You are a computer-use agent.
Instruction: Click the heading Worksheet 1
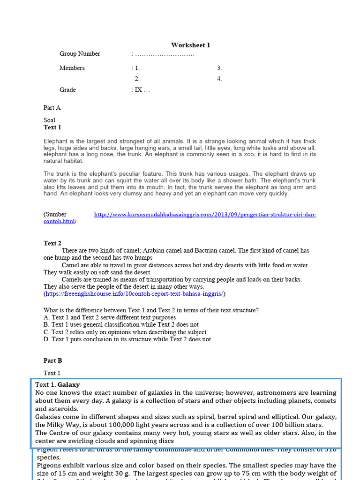tap(190, 45)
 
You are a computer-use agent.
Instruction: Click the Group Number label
tap(80, 54)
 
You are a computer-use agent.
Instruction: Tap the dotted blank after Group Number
tap(164, 54)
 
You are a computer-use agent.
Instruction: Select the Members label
tap(72, 68)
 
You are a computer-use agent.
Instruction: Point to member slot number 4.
tap(219, 79)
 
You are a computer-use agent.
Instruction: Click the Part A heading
tap(52, 108)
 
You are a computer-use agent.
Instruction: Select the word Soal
tap(49, 120)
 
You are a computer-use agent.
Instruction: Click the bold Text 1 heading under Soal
tap(52, 127)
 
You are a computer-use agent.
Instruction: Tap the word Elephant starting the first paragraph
tap(55, 141)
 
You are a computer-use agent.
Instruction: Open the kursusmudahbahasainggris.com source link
tap(205, 215)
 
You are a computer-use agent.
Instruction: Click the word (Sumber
tap(55, 215)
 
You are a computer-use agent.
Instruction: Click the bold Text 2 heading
tap(52, 243)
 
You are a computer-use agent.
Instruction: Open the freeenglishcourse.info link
tap(135, 294)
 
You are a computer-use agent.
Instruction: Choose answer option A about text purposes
tap(110, 317)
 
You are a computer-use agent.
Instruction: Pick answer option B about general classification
tap(121, 324)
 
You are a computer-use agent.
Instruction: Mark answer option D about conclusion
tap(127, 339)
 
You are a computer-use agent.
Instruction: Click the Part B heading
tap(52, 361)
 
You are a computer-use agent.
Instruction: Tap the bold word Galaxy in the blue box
tap(69, 385)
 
